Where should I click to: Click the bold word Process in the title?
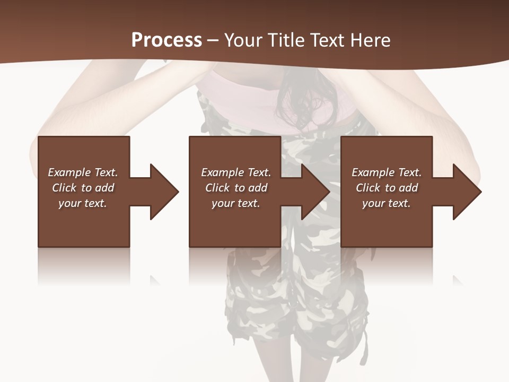coord(166,40)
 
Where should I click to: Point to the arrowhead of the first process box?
coord(164,192)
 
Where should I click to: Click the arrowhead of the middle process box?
coord(315,192)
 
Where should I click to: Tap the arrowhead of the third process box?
coord(467,192)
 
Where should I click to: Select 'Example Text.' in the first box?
coord(83,172)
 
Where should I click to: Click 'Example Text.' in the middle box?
coord(235,172)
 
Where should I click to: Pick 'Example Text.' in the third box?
coord(387,172)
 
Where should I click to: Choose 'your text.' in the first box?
coord(83,203)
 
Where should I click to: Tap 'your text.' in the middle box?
coord(235,203)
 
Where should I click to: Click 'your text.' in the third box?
coord(387,203)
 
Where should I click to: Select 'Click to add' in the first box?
coord(83,188)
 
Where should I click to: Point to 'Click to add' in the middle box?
coord(235,188)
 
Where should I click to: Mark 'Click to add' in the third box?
coord(387,188)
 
